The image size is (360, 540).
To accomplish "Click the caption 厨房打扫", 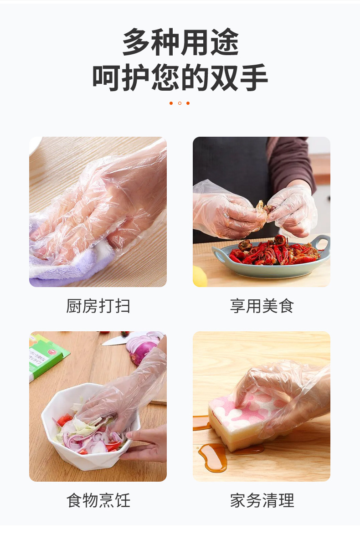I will coord(98,306).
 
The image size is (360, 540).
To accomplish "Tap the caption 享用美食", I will coord(262,306).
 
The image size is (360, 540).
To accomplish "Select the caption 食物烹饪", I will coord(98,500).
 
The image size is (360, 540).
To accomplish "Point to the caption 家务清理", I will coord(262,500).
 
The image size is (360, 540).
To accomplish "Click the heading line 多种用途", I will coord(180,42).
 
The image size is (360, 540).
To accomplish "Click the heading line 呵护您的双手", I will coord(180,78).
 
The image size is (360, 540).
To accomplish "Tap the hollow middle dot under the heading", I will coord(180,103).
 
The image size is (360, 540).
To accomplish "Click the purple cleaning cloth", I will coord(68,267).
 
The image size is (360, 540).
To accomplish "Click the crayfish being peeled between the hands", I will coord(265,208).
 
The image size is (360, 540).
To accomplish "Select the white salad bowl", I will coord(87,451).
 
